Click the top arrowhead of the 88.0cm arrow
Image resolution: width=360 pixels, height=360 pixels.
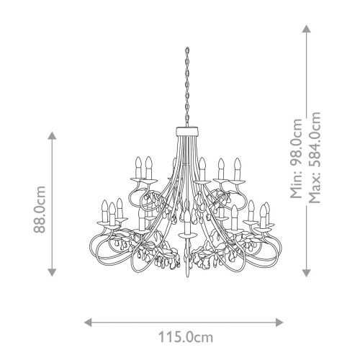click(51, 135)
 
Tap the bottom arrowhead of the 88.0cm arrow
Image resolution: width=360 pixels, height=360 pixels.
click(51, 272)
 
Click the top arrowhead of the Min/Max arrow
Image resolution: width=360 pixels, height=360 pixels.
click(306, 30)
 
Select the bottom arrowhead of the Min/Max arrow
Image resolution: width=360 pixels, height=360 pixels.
click(306, 272)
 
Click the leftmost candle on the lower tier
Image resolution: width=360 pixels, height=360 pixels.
click(105, 211)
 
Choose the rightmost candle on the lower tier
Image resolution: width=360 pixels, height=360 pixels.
click(269, 211)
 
